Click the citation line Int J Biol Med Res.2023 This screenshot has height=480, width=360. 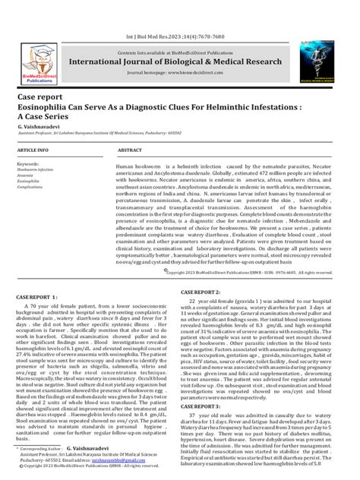[x=180, y=36]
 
